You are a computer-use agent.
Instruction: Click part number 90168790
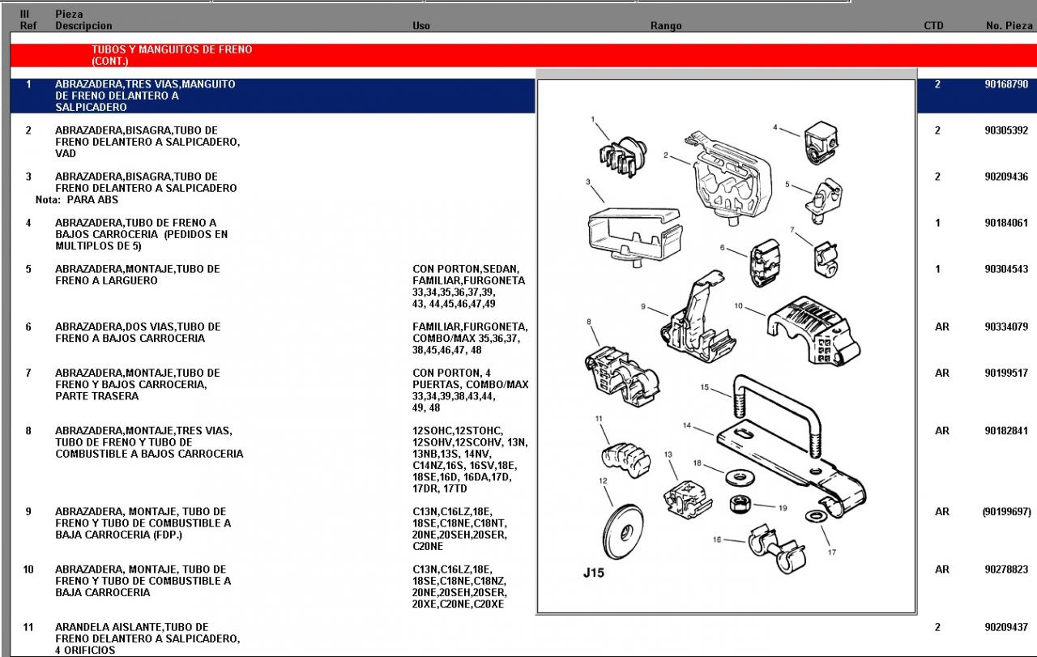1005,84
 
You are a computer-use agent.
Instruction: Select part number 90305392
1005,130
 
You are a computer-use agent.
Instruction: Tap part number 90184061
1005,223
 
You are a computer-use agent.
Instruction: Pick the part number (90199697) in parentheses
1005,512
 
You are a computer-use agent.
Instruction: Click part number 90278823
1005,570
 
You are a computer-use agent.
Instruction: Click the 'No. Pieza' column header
1009,26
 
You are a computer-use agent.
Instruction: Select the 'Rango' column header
666,26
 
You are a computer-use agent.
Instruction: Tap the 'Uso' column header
421,26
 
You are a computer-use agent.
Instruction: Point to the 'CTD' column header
933,26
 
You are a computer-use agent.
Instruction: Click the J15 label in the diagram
594,574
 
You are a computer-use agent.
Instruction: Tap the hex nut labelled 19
739,503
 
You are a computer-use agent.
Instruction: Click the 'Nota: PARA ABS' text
77,200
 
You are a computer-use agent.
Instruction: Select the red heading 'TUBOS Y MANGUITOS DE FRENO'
172,49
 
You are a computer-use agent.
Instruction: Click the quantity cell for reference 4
937,223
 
